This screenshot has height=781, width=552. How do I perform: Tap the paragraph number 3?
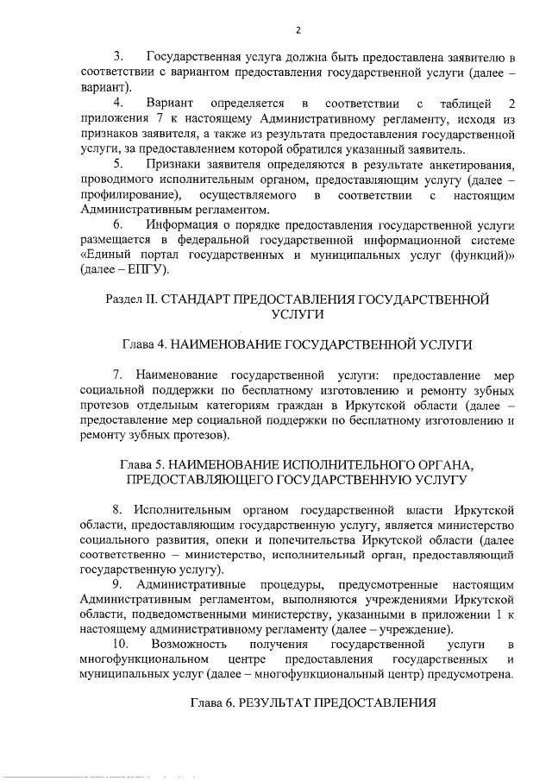pos(120,58)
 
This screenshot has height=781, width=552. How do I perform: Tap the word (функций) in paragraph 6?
pos(480,255)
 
